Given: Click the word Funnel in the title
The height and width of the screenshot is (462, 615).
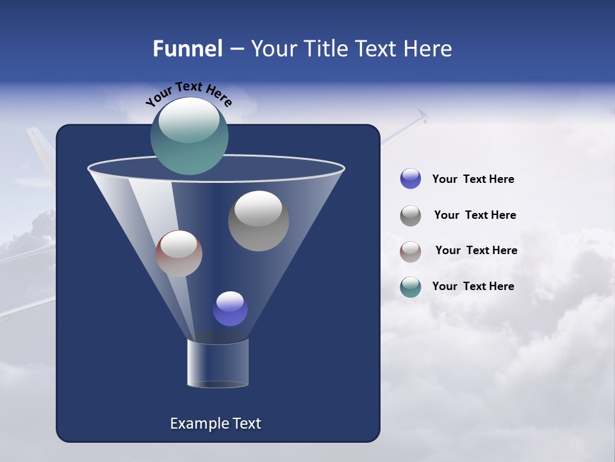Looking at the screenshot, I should pos(188,49).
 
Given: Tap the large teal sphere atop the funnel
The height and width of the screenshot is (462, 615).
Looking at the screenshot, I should pos(190,136).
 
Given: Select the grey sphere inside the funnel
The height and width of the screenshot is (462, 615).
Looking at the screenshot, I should pos(258,221).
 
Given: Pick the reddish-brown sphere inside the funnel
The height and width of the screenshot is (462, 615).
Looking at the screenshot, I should pos(179,253).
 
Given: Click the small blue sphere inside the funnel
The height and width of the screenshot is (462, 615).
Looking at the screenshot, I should pos(230,309).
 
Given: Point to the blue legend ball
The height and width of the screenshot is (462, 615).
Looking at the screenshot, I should pos(411,179).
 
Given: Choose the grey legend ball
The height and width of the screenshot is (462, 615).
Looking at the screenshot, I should pos(411,216).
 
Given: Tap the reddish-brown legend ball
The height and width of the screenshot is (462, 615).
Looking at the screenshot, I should pos(411,252).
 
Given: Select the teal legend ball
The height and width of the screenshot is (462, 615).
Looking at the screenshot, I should pos(411,287).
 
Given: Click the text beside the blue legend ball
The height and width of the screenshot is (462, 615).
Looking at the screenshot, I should pos(473,179).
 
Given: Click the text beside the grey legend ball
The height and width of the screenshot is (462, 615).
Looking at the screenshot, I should pos(475,215).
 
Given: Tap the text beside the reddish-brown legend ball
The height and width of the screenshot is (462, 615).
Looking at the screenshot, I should pos(476,250).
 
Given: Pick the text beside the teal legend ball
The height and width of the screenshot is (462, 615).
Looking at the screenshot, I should pos(473,286).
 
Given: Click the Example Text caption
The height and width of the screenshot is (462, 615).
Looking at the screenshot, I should pos(215,424).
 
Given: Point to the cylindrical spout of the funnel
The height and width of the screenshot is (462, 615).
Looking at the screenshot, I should pos(218,364).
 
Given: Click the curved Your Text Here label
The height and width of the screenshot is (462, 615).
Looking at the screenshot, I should pos(188,94).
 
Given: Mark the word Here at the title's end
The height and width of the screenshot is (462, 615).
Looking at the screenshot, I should pos(428,49).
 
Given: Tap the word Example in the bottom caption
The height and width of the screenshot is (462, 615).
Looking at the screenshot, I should pos(193,424).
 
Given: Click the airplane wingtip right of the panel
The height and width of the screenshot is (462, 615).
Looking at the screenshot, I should pos(420,117).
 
